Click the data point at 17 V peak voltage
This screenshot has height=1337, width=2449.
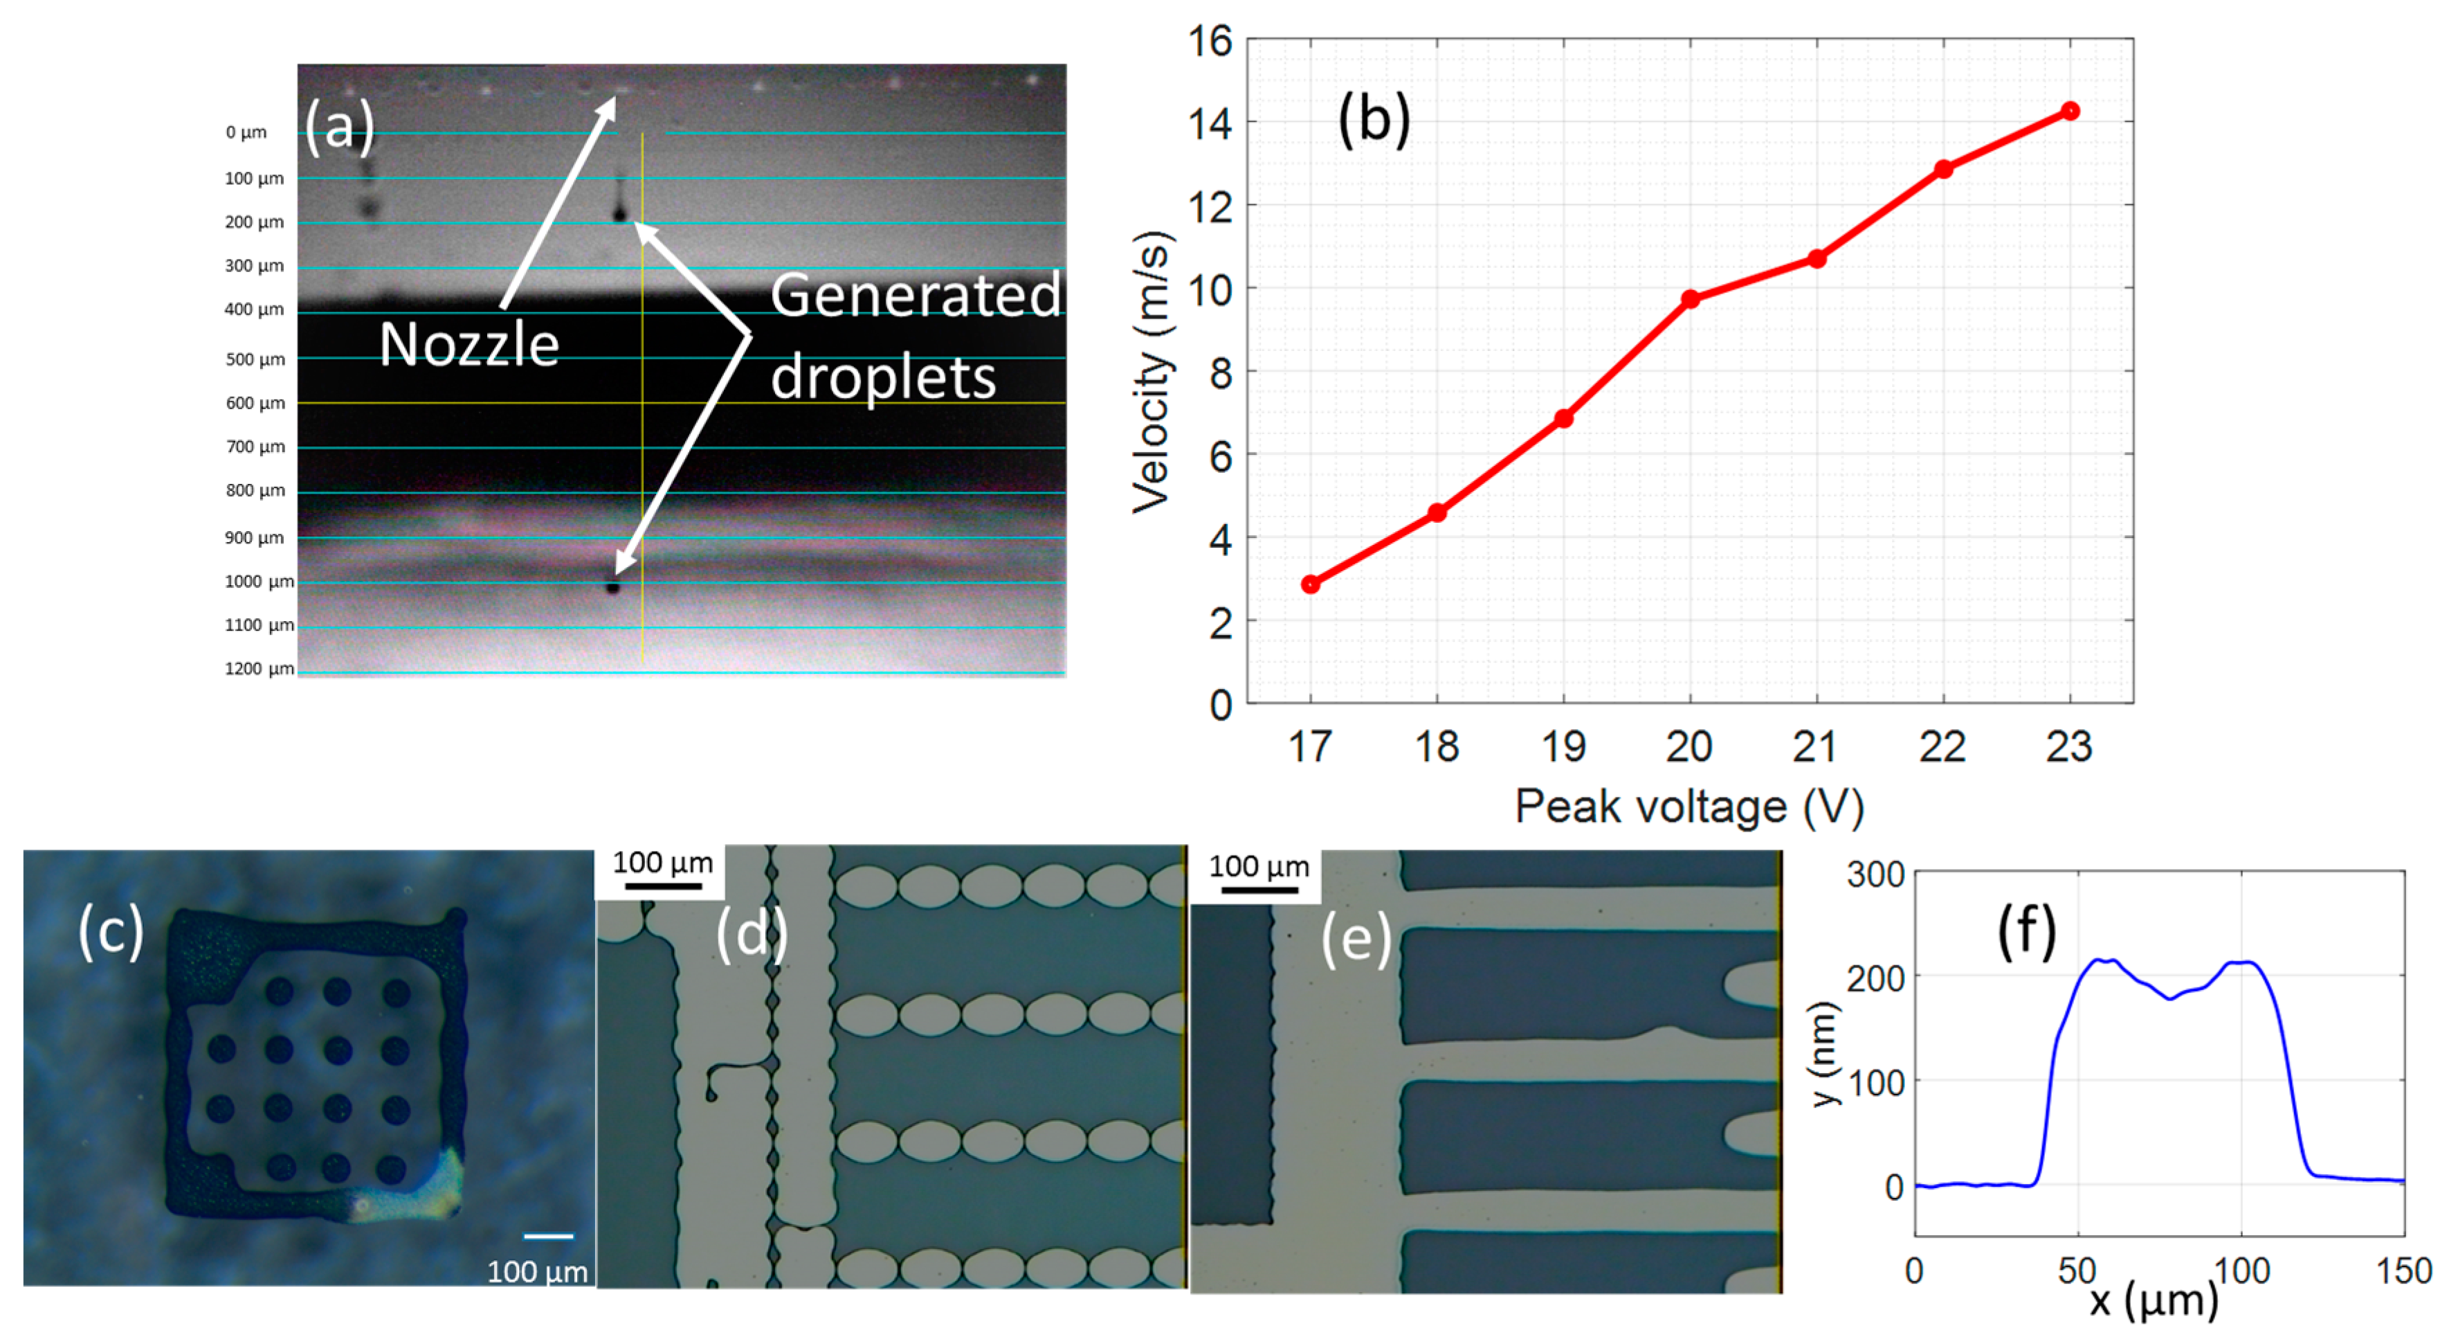[1310, 584]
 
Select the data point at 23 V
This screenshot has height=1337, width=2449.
[2070, 111]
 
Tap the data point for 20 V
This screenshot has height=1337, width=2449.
[1689, 300]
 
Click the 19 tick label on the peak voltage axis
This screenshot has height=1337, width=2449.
[1563, 746]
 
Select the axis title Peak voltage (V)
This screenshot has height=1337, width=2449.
[1688, 807]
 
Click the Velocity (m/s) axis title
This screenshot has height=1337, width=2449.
[1151, 372]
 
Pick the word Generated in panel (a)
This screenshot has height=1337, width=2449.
[915, 295]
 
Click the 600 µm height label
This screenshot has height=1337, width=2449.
[255, 403]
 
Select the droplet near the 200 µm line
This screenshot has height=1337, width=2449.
[620, 215]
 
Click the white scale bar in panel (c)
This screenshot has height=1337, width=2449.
[549, 1236]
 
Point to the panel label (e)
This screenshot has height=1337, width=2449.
[1356, 940]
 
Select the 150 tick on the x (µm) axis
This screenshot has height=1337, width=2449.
[2404, 1271]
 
